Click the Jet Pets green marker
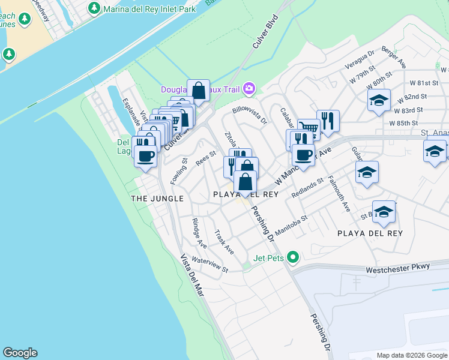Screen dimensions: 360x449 pyautogui.click(x=293, y=258)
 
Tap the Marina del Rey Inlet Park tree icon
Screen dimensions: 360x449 pyautogui.click(x=94, y=8)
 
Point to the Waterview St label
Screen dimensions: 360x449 pyautogui.click(x=210, y=265)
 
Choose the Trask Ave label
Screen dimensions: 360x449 pyautogui.click(x=224, y=241)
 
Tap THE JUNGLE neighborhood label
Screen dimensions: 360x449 pyautogui.click(x=157, y=198)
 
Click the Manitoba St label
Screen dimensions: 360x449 pyautogui.click(x=291, y=226)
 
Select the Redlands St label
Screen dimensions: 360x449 pyautogui.click(x=307, y=188)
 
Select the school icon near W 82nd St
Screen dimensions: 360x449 pyautogui.click(x=379, y=101)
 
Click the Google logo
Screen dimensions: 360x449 pyautogui.click(x=20, y=353)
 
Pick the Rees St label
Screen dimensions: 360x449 pyautogui.click(x=205, y=157)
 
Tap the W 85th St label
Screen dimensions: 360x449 pyautogui.click(x=403, y=123)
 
